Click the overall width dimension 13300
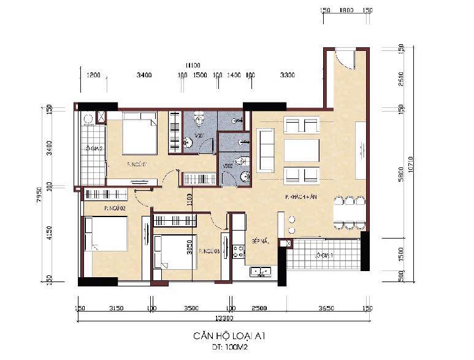223,318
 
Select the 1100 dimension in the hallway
189,200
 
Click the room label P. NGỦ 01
136,164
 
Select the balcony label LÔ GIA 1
324,255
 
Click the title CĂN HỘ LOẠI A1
223,336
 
